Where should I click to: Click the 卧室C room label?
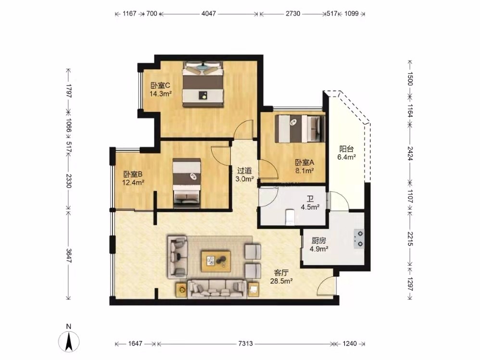pyautogui.click(x=160, y=86)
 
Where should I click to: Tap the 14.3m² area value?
pyautogui.click(x=161, y=94)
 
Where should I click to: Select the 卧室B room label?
pyautogui.click(x=133, y=174)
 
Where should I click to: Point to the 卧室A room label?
pyautogui.click(x=304, y=162)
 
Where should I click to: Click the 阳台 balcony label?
pyautogui.click(x=346, y=149)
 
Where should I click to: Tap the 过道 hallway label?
pyautogui.click(x=245, y=171)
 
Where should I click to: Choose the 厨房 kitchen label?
pyautogui.click(x=319, y=241)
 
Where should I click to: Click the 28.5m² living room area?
pyautogui.click(x=281, y=281)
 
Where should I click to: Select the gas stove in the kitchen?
pyautogui.click(x=359, y=239)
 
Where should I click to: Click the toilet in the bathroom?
pyautogui.click(x=290, y=217)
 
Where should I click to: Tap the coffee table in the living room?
pyautogui.click(x=216, y=261)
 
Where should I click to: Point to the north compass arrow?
pyautogui.click(x=69, y=340)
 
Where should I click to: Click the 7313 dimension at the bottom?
pyautogui.click(x=245, y=344)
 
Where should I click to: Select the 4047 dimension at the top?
pyautogui.click(x=208, y=13)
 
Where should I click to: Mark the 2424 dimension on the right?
pyautogui.click(x=410, y=154)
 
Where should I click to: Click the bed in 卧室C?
pyautogui.click(x=202, y=84)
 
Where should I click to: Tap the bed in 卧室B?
pyautogui.click(x=187, y=183)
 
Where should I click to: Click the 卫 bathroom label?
pyautogui.click(x=310, y=199)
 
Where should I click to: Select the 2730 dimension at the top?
pyautogui.click(x=293, y=13)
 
